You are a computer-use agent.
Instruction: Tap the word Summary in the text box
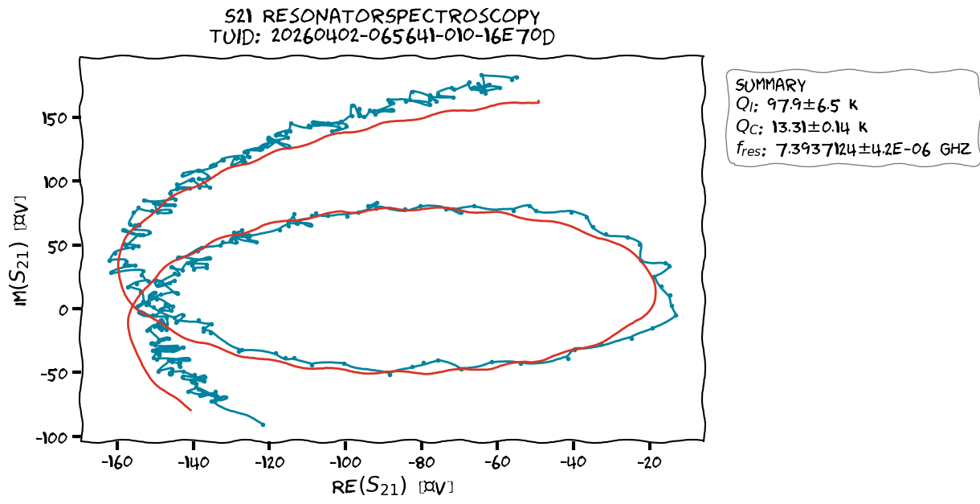coord(770,85)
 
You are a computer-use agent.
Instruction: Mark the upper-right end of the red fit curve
coord(539,102)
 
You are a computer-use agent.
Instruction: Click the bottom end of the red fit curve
coord(191,410)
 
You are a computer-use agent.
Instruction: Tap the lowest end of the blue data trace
coord(263,424)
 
